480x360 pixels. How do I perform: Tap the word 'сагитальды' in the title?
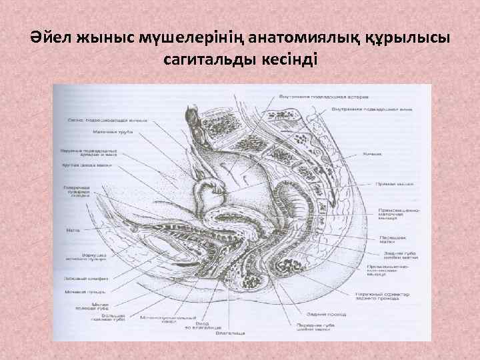pyautogui.click(x=209, y=60)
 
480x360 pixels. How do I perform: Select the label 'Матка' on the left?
pyautogui.click(x=73, y=231)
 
